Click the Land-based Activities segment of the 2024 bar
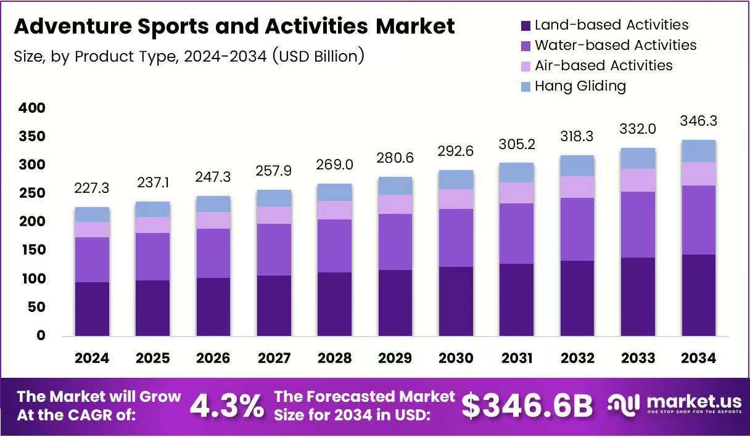point(92,309)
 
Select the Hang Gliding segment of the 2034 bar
point(699,151)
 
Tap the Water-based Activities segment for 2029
point(395,242)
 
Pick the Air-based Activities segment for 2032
point(577,187)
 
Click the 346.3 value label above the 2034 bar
point(698,121)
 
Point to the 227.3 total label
point(92,188)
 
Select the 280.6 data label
point(395,158)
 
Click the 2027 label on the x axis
point(274,358)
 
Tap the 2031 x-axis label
point(517,358)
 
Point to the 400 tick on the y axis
point(32,108)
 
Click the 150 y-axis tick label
point(33,250)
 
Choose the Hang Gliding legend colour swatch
point(525,87)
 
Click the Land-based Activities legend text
point(612,25)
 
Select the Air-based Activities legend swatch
point(525,67)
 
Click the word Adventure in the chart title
point(73,26)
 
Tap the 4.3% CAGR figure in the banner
point(228,406)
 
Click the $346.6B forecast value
point(527,406)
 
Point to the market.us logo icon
point(624,406)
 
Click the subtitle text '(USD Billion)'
point(318,56)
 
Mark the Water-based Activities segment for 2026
point(213,253)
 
